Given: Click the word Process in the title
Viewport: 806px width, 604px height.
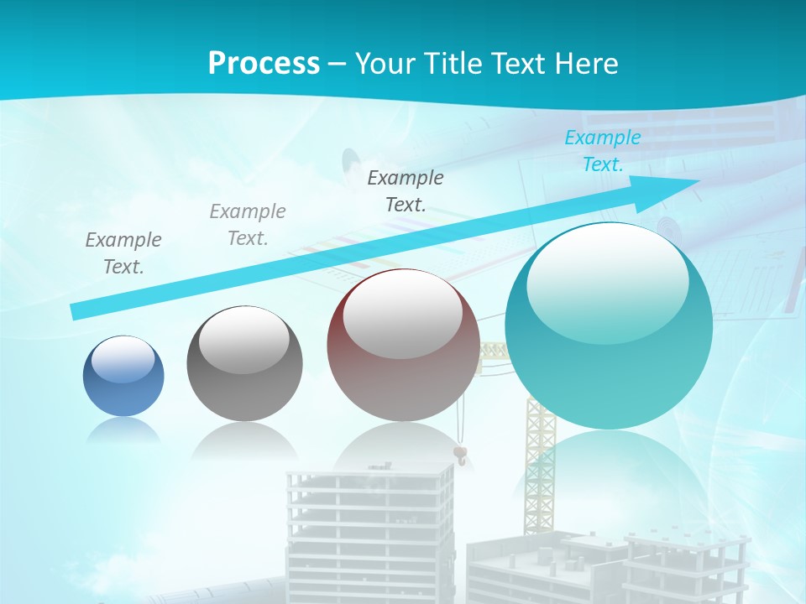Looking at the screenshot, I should [264, 63].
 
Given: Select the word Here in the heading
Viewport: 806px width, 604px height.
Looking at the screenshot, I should [587, 63].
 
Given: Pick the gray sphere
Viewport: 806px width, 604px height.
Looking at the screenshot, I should [244, 364].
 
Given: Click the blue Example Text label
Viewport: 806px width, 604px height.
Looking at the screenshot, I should [602, 151].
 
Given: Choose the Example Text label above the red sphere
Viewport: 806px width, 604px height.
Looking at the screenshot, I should [406, 190].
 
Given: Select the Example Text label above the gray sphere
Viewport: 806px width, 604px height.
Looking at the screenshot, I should [248, 224].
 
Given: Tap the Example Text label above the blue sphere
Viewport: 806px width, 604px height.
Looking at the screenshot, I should [123, 253].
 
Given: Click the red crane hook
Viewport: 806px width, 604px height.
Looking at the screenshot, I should [459, 455].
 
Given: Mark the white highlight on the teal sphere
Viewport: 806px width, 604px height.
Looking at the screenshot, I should [606, 281].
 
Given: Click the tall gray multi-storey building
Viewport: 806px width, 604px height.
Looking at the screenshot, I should [369, 528].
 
